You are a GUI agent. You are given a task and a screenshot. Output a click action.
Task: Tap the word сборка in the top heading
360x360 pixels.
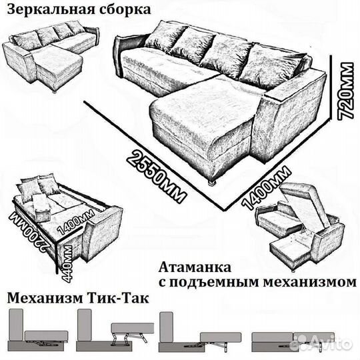[x=119, y=11]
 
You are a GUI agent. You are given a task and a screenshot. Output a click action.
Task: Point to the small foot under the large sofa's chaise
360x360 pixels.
[x=212, y=181]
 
